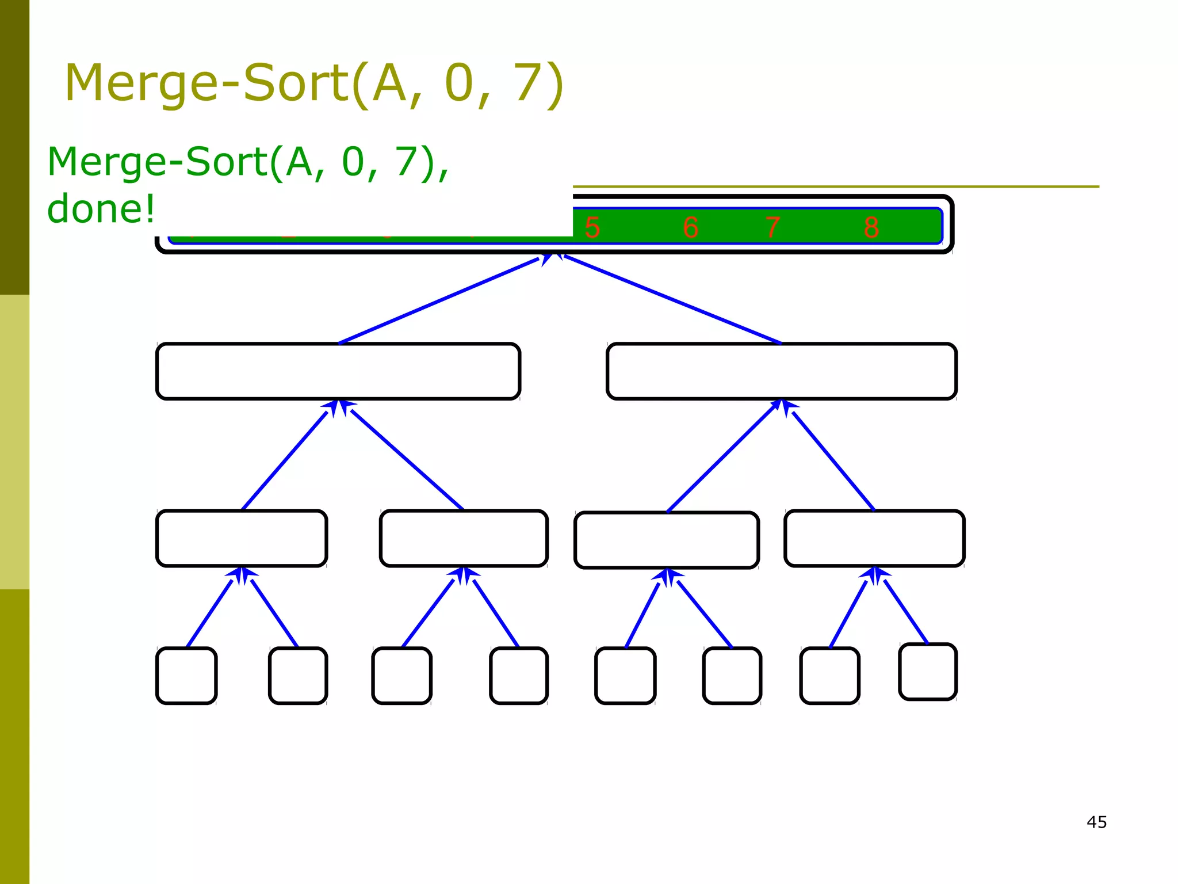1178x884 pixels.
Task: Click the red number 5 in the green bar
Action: click(x=592, y=227)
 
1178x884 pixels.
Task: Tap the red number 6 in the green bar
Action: click(x=691, y=227)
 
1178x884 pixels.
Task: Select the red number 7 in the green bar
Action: click(x=773, y=227)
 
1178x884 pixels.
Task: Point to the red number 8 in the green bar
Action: click(x=871, y=227)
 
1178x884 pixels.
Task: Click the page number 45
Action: click(x=1096, y=822)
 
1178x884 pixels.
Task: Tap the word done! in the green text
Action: click(x=101, y=209)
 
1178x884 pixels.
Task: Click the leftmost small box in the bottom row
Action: click(x=186, y=676)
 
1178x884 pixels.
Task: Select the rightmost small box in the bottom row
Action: click(x=928, y=672)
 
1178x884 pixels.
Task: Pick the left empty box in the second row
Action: click(x=338, y=371)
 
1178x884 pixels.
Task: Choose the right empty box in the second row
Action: click(x=782, y=371)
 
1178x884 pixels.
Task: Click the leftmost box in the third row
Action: click(x=242, y=538)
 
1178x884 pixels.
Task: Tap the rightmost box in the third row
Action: click(x=874, y=538)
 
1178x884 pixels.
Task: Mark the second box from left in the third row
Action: click(x=464, y=538)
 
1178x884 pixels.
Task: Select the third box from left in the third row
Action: click(x=667, y=540)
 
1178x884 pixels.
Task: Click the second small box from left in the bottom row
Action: click(x=298, y=676)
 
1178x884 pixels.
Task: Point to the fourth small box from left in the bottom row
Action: click(x=519, y=676)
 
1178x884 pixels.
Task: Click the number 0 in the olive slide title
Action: click(x=458, y=83)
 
